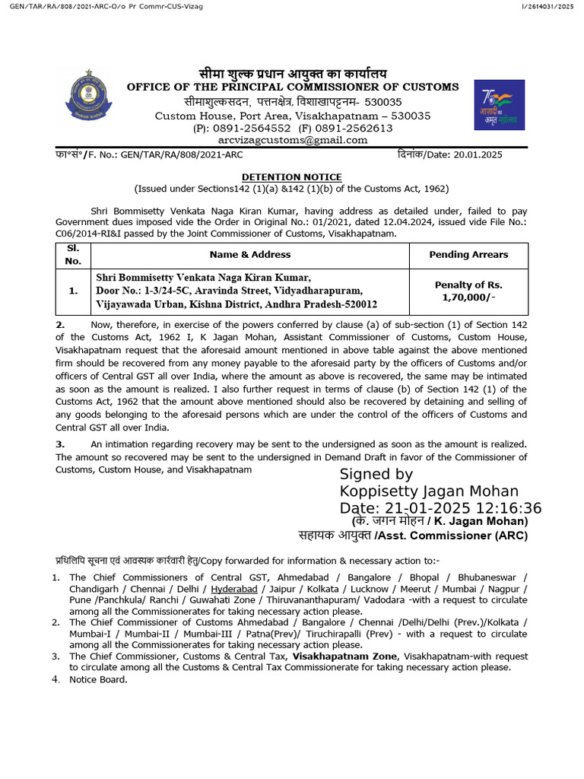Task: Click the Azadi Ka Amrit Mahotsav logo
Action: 498,105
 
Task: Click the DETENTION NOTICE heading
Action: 292,176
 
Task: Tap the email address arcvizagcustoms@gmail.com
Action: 292,140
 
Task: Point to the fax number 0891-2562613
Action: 356,129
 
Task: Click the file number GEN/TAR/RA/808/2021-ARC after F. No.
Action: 170,154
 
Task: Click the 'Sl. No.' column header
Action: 72,255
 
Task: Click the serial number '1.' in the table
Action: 72,291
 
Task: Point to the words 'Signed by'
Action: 376,475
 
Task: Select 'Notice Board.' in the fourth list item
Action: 98,679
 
